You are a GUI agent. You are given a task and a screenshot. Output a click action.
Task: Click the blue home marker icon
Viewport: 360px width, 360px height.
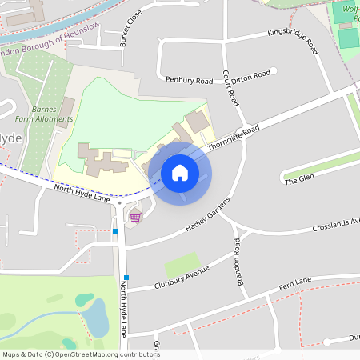180,173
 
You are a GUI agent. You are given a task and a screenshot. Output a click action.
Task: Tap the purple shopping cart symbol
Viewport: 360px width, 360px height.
135,217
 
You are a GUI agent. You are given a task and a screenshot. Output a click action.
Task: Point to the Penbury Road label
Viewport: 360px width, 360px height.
189,81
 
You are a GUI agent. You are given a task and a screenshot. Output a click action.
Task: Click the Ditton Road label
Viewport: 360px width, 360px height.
253,74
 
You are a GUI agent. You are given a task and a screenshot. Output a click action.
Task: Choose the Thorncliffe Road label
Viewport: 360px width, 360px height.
234,138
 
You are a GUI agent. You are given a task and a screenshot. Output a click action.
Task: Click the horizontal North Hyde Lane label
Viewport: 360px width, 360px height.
82,193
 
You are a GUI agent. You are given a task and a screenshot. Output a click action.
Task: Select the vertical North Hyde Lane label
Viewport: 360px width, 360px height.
124,308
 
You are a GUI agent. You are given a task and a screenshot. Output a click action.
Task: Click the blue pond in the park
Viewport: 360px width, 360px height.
95,317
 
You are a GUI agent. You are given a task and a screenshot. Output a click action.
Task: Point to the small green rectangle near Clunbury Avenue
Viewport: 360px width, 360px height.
182,264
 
